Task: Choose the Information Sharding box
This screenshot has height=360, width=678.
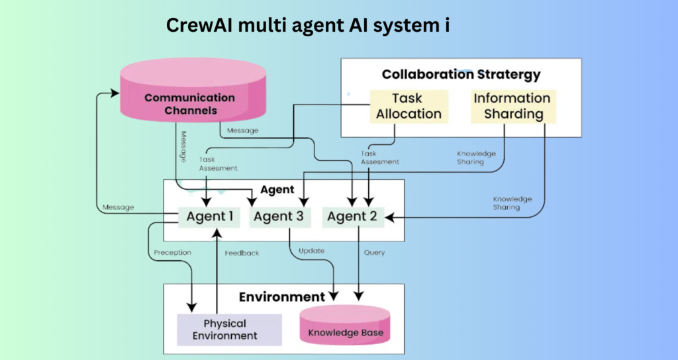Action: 512,106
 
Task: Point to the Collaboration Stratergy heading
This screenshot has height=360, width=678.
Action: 461,74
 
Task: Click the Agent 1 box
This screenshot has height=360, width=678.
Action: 210,216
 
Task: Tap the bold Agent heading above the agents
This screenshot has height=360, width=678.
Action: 277,189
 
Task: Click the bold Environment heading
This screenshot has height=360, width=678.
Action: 281,296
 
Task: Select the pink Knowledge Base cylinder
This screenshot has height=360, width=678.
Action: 345,326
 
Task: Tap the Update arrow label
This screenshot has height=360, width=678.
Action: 311,251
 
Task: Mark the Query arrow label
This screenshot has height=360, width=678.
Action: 374,252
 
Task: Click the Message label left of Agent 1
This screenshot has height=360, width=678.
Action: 118,207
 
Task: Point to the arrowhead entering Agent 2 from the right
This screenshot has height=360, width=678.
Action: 391,216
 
